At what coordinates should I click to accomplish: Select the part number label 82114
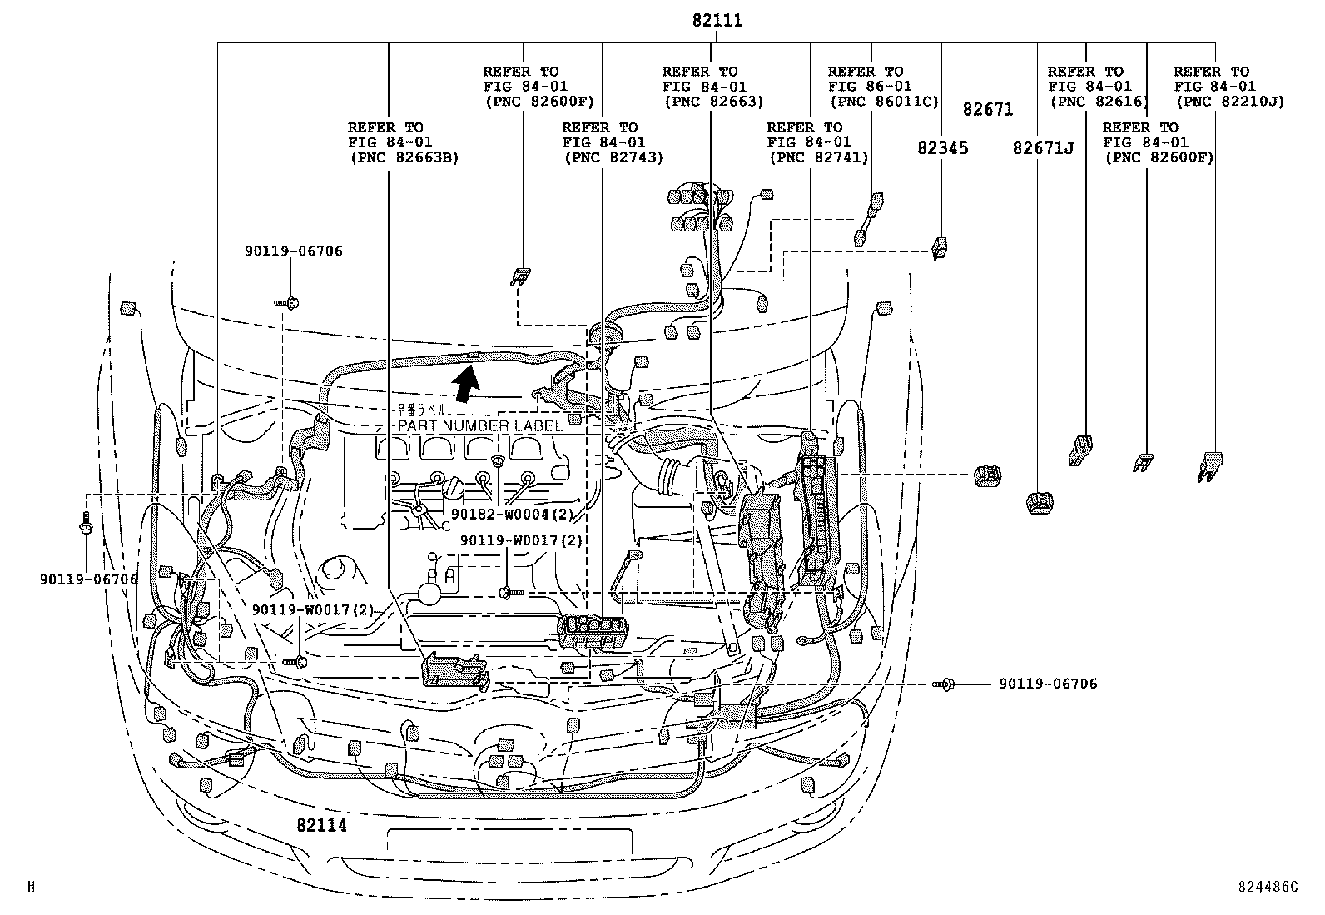(x=320, y=825)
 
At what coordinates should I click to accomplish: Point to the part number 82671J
(x=1043, y=148)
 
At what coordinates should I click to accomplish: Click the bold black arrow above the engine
(x=468, y=384)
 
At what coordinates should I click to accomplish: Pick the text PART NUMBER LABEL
(x=480, y=425)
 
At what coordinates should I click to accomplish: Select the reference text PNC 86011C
(x=883, y=101)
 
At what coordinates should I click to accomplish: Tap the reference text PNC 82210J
(x=1229, y=101)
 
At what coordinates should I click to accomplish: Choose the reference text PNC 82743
(x=613, y=157)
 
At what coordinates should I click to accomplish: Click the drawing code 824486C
(x=1267, y=887)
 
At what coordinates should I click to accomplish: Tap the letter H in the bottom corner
(x=31, y=887)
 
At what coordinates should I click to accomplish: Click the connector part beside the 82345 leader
(x=940, y=247)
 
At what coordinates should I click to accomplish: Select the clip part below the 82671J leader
(x=1040, y=502)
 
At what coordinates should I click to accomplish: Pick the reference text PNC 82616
(x=1098, y=101)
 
